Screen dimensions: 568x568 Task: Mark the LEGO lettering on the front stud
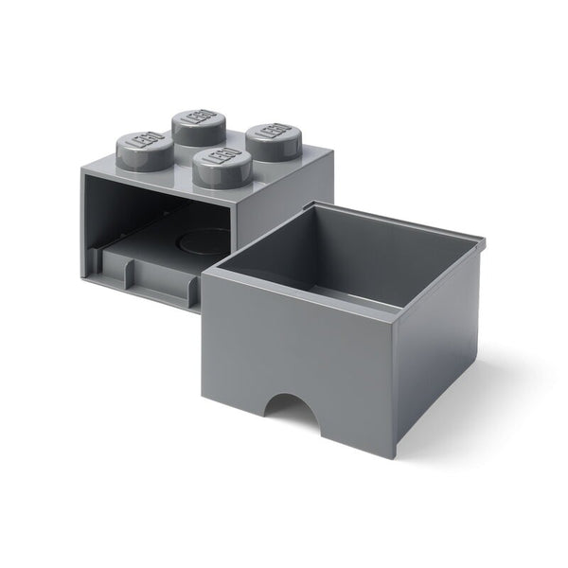220,160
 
